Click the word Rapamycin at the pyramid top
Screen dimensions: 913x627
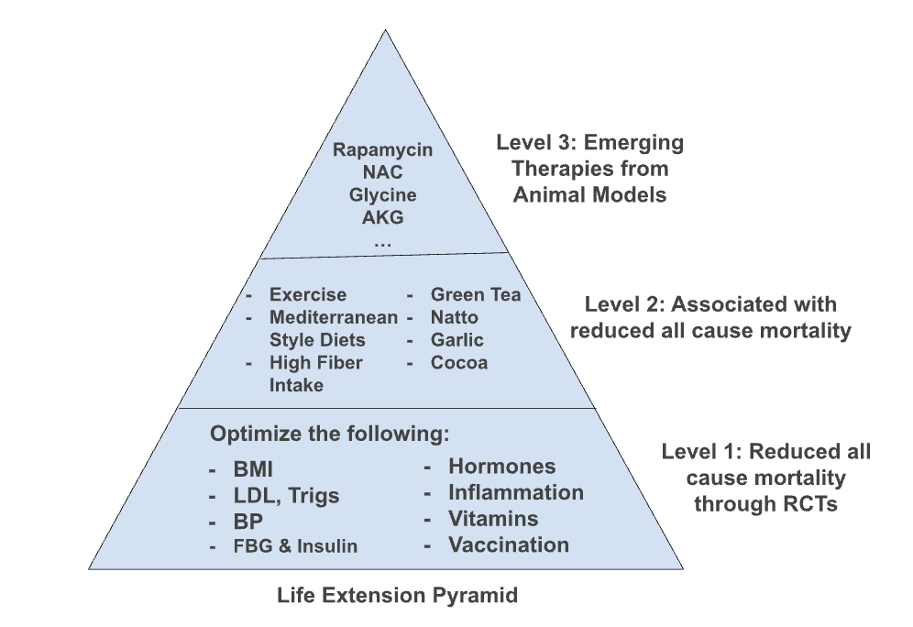pos(382,150)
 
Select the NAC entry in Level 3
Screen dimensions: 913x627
pos(382,171)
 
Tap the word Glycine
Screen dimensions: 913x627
pos(382,195)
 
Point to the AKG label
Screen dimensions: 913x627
pos(382,217)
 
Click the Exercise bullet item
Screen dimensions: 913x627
pos(307,294)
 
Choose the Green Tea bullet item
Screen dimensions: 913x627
pos(475,294)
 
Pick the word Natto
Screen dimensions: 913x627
pos(454,317)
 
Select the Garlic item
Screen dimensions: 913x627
pos(456,340)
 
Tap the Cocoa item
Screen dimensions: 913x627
pos(459,363)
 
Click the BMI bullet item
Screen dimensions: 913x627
pos(253,469)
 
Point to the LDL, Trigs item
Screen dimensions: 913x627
pos(286,495)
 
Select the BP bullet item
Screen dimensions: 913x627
pos(248,522)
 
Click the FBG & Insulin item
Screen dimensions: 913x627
pos(295,546)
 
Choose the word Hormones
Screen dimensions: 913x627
pos(502,467)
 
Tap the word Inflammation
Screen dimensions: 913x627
pos(516,492)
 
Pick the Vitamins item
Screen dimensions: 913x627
pos(493,519)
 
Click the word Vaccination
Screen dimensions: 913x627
pos(509,544)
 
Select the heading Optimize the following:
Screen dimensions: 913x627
pos(330,434)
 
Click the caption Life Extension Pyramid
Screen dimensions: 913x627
pos(397,596)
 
